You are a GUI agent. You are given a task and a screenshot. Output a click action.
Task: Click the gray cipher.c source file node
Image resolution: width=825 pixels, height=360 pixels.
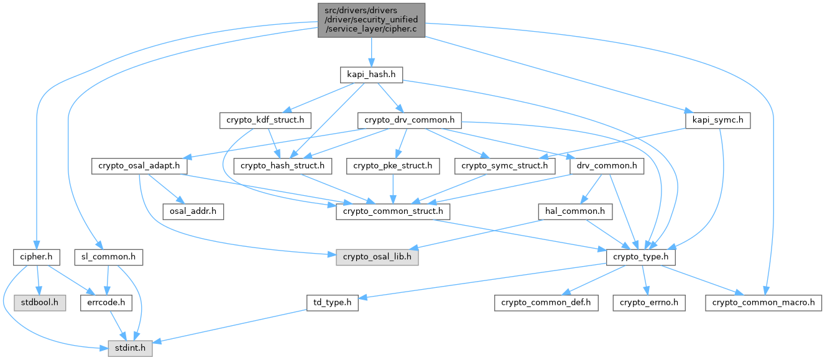click(372, 20)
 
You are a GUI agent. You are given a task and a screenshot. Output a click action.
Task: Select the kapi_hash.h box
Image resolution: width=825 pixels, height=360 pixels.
click(371, 75)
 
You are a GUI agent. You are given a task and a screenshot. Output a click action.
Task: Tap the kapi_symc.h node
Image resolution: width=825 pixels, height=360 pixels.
click(717, 120)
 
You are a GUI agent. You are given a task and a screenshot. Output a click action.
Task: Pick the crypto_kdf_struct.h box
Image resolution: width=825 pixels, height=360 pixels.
click(265, 120)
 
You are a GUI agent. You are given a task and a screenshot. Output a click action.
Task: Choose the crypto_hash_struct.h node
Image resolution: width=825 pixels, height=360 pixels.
click(283, 166)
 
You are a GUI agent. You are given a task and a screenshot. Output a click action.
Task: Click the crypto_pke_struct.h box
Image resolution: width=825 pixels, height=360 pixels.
click(393, 166)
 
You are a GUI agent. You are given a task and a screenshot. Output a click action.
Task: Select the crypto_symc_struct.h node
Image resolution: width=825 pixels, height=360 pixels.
click(504, 166)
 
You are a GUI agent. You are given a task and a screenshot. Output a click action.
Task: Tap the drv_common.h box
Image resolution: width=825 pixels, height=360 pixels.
click(606, 166)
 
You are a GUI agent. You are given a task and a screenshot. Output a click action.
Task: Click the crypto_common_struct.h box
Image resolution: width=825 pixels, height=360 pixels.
click(393, 211)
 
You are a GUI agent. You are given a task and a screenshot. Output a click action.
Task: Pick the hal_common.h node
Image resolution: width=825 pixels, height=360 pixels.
click(575, 211)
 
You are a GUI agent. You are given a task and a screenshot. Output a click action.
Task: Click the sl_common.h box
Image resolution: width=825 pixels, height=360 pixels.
click(108, 257)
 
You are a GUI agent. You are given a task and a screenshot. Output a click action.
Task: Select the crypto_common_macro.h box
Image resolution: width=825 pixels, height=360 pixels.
click(763, 303)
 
